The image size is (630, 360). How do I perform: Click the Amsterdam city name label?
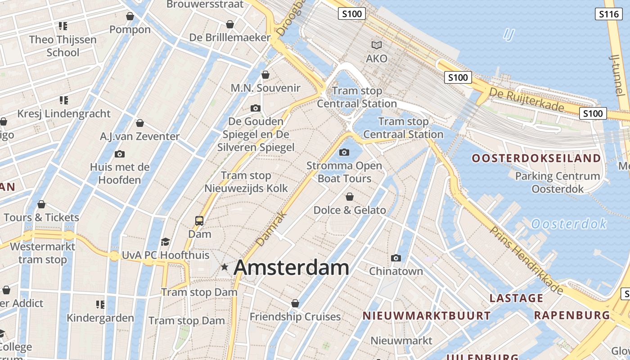coord(291,268)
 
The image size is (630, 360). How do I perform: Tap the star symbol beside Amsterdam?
coord(225,267)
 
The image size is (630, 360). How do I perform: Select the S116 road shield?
coord(609,14)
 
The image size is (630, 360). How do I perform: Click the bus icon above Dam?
coord(199,220)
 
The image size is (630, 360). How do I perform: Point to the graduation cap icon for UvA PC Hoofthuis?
coord(165,242)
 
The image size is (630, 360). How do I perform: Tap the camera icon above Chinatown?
coord(396,258)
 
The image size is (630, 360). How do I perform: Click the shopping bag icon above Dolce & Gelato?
coord(350,197)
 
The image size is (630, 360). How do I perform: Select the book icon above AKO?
coord(377,45)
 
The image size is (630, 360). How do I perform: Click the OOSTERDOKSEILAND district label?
coord(536,158)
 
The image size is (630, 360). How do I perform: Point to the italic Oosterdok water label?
coord(569,224)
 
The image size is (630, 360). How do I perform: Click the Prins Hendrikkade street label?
coord(526,261)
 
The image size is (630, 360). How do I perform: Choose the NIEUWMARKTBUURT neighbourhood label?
coord(427,316)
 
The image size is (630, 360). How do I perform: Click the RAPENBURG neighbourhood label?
coord(571,315)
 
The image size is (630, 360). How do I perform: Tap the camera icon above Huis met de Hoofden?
coord(120,154)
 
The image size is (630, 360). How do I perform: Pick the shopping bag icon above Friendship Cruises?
coord(295,303)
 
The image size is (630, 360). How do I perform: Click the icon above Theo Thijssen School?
coord(63,26)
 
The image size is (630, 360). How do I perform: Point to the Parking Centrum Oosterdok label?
coord(558,182)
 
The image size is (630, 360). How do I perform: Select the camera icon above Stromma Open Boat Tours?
coord(344,152)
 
